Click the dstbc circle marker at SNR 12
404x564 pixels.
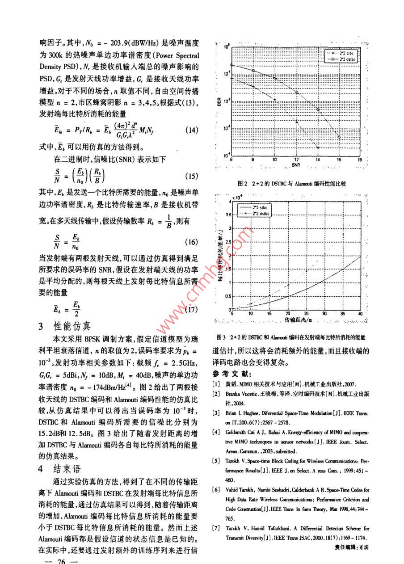coord(297,92)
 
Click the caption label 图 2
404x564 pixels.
coord(255,183)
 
